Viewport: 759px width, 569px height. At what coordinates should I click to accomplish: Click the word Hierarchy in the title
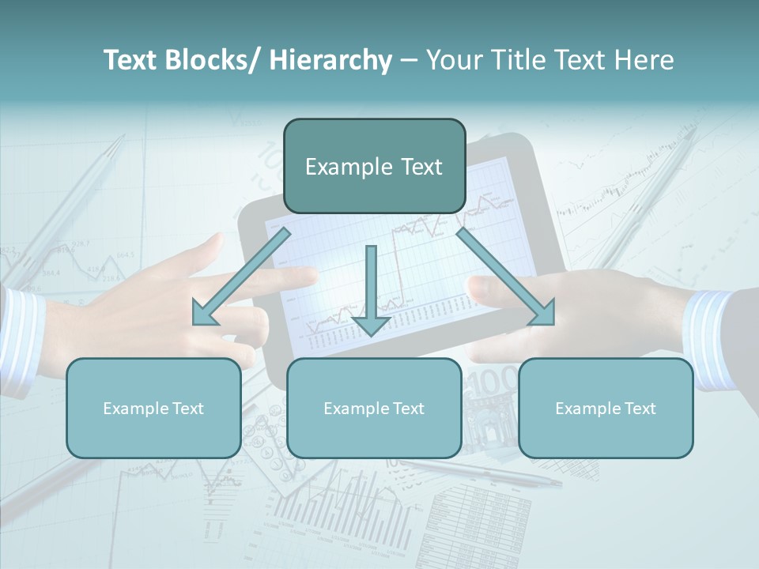pos(330,60)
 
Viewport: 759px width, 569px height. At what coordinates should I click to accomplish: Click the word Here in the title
pos(644,60)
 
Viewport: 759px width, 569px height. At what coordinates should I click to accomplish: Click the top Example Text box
pos(374,167)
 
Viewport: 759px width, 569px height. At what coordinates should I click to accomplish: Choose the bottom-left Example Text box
pos(153,409)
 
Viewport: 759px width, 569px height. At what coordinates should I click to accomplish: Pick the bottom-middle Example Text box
pos(374,409)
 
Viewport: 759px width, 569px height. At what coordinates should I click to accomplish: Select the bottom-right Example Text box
pos(606,409)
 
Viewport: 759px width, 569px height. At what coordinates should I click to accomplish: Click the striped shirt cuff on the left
pos(20,340)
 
